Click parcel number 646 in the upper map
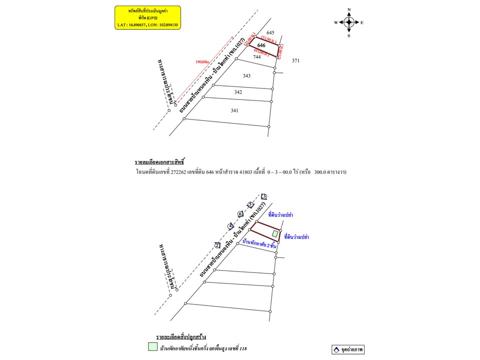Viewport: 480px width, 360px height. (x=261, y=45)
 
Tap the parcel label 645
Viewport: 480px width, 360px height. (x=270, y=32)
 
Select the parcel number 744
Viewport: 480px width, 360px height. (x=257, y=57)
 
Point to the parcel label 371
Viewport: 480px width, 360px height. (x=295, y=60)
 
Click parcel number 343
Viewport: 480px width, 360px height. (x=246, y=76)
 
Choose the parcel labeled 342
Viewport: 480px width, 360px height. (x=238, y=92)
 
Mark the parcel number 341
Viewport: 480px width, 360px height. (x=234, y=110)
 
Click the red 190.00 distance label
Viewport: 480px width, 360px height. (x=202, y=62)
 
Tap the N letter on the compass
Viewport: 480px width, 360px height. (x=349, y=9)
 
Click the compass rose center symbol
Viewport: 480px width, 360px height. (x=349, y=22)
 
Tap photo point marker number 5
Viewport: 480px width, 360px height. (x=251, y=204)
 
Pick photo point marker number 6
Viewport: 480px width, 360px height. (x=240, y=214)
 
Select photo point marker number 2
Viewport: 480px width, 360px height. (x=217, y=244)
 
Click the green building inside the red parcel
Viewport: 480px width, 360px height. (x=274, y=233)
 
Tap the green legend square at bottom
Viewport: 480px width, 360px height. (x=151, y=346)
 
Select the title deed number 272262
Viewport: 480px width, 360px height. (x=179, y=171)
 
